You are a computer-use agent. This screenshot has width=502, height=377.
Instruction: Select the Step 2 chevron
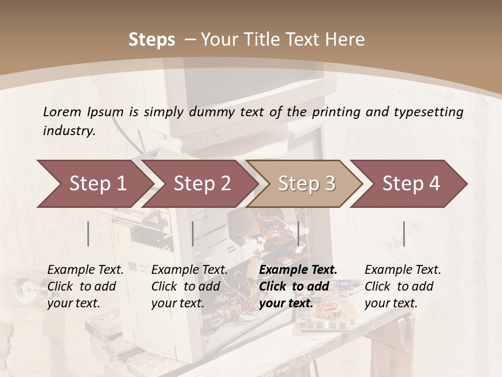[201, 184]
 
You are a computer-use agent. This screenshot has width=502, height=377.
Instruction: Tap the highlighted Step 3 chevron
[306, 184]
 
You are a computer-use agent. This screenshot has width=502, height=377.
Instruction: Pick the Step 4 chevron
[410, 184]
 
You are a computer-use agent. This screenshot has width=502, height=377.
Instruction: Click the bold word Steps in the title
[152, 39]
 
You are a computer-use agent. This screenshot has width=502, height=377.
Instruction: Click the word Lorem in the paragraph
[62, 112]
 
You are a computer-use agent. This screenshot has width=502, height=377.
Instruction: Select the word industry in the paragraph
[69, 130]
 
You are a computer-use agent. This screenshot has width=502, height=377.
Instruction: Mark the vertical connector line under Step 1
[88, 234]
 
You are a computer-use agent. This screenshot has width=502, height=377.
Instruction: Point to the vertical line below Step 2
[193, 234]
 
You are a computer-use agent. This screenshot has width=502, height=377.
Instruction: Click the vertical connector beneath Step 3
[298, 234]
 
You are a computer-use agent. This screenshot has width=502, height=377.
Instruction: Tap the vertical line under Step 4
[404, 234]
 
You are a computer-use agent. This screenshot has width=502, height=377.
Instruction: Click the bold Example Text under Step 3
[298, 270]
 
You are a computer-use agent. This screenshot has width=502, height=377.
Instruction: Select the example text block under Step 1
[85, 286]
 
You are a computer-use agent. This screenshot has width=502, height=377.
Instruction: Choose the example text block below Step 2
[189, 286]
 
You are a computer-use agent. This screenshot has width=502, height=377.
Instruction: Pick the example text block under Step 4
[403, 286]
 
